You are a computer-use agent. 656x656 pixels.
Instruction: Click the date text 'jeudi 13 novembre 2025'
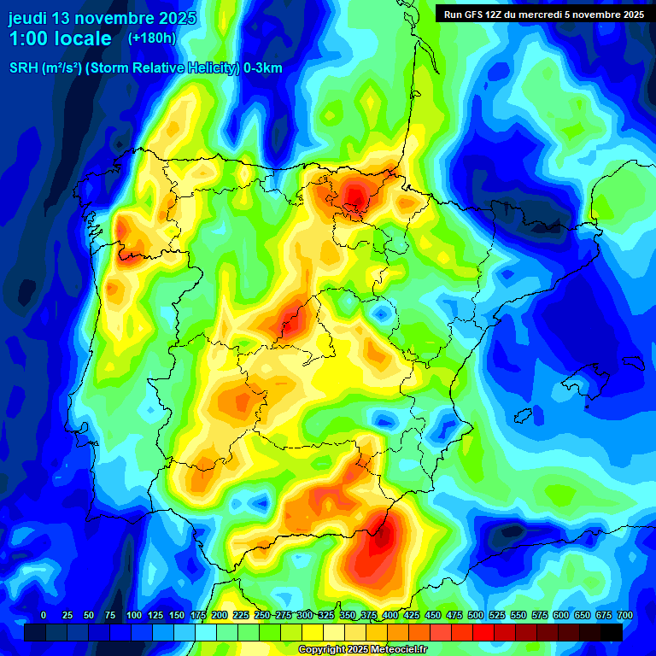pos(102,18)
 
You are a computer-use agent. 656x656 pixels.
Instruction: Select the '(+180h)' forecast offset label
pos(152,38)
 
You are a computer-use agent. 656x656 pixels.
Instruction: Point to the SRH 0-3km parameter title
pos(145,68)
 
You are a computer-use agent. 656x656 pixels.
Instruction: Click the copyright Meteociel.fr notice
pos(363,650)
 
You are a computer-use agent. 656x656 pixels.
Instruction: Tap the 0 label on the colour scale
pos(44,615)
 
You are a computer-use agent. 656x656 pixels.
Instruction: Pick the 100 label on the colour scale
pos(133,615)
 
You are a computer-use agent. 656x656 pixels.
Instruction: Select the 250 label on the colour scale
pos(261,615)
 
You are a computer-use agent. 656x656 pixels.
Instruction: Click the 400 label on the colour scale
pos(390,615)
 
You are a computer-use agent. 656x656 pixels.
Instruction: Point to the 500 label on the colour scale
pos(476,615)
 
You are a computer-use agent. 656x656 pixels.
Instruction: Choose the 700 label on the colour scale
pos(624,615)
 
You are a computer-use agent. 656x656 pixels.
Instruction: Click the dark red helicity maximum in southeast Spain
pos(382,534)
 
